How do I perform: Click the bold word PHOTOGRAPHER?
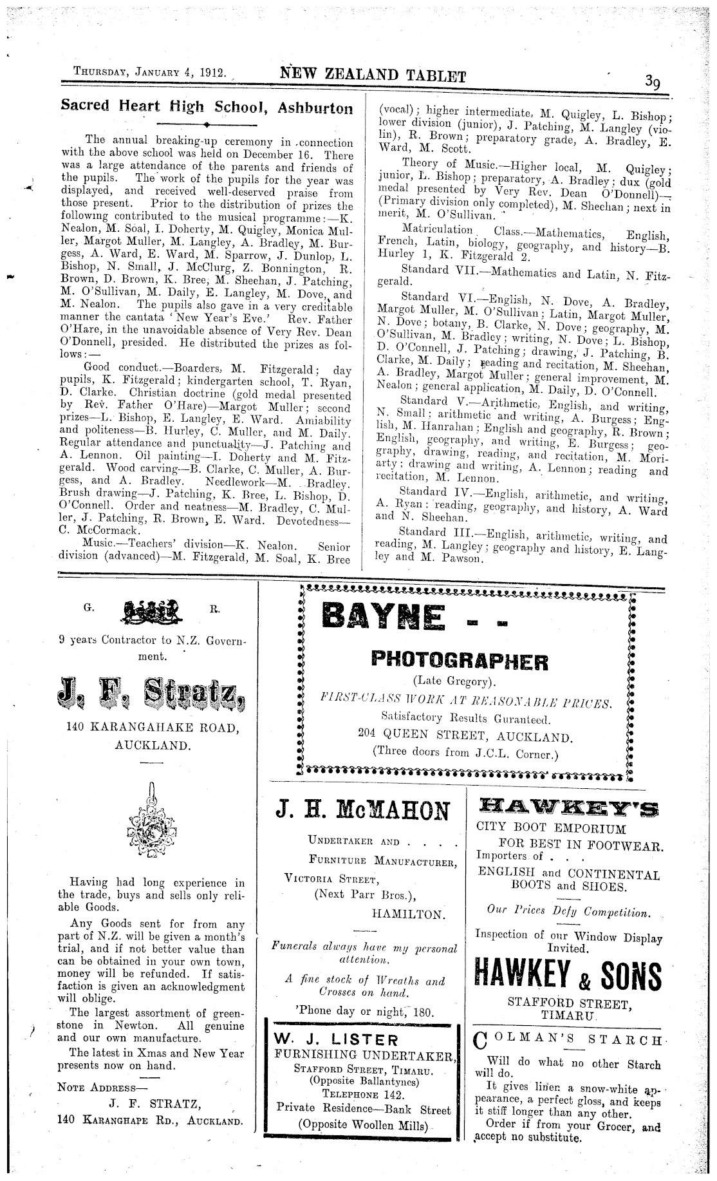460,661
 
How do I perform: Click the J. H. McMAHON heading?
363,811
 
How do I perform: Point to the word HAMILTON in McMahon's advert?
408,914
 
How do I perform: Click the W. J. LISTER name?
336,1039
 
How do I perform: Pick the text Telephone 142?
363,1095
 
